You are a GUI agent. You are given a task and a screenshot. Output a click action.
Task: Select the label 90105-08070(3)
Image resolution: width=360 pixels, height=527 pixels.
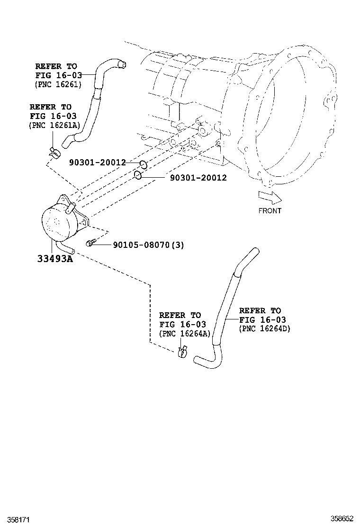148,245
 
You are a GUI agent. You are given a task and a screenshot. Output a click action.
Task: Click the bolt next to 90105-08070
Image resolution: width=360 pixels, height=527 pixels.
91,244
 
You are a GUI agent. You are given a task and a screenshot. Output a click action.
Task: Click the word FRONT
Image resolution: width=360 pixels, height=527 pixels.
270,210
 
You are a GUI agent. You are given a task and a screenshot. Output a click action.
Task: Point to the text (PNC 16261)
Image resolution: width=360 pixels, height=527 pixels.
58,84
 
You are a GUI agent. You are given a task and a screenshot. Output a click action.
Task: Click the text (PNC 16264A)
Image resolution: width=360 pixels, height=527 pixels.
184,333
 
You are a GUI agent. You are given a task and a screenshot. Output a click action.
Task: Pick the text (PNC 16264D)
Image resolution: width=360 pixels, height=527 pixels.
264,328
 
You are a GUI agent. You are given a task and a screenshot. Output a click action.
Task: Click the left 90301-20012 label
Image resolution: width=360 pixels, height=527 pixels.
97,163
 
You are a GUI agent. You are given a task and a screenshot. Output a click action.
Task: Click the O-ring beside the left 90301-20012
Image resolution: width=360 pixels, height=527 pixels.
143,165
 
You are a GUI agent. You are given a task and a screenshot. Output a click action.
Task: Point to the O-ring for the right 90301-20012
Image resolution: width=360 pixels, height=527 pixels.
137,175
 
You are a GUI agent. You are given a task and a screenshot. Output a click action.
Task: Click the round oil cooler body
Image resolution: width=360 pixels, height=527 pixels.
59,222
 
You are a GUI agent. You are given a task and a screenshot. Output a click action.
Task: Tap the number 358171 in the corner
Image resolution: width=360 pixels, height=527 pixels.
14,520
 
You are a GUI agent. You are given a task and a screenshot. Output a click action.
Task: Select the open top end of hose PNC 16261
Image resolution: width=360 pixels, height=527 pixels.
122,64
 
